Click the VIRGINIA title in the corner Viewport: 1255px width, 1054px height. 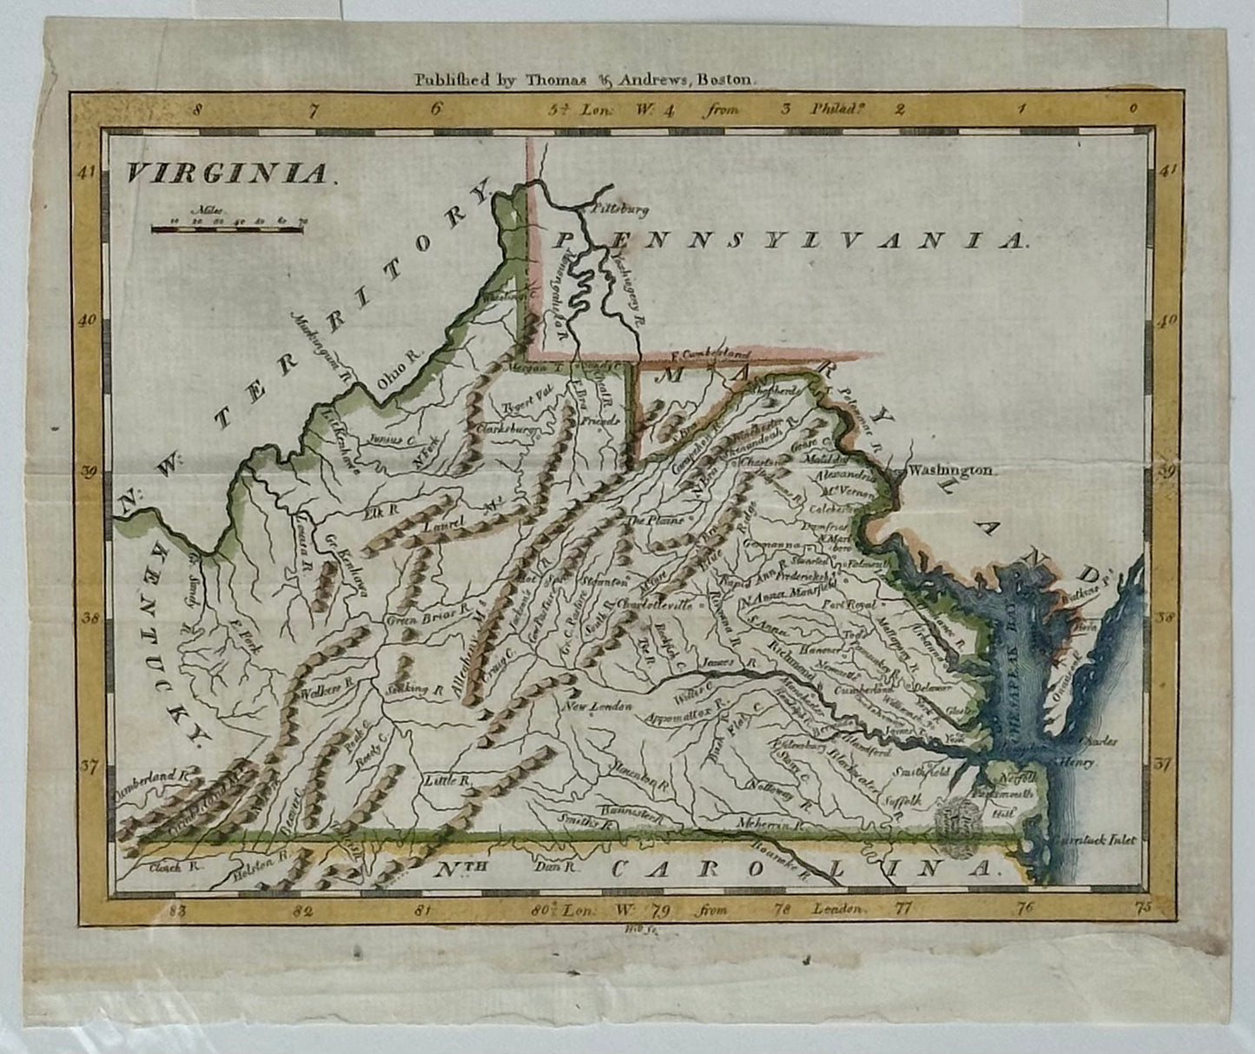pyautogui.click(x=228, y=173)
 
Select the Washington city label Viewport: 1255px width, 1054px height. pyautogui.click(x=948, y=470)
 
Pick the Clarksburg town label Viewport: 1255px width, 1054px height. pyautogui.click(x=506, y=429)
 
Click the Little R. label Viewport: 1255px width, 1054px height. pyautogui.click(x=446, y=781)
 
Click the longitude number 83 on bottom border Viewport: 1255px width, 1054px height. pyautogui.click(x=179, y=911)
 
